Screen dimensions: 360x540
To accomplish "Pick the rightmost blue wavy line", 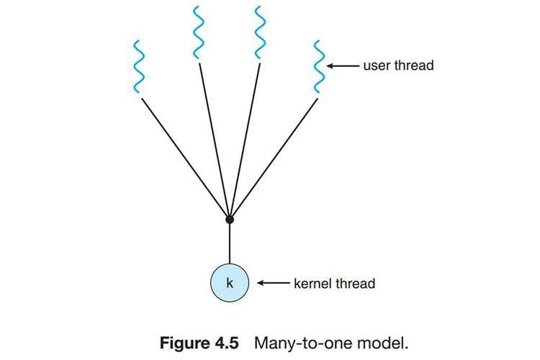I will click(318, 67).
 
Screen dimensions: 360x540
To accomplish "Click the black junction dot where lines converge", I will click(229, 219).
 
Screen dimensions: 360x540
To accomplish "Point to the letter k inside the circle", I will click(229, 283).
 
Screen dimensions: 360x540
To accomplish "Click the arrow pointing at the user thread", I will click(343, 66).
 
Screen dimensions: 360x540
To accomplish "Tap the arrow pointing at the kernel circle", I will click(271, 283).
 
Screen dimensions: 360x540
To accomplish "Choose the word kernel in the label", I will click(314, 283).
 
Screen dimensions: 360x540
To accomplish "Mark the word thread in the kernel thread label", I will click(356, 283).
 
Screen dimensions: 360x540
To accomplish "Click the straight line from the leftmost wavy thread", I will click(184, 158).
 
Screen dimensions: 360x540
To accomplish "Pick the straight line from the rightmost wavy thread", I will click(274, 158).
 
